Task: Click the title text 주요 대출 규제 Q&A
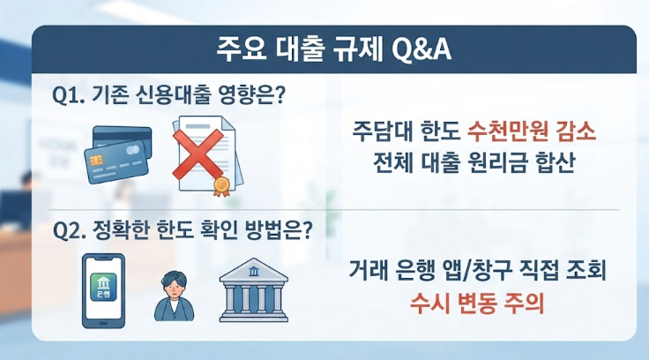click(x=333, y=50)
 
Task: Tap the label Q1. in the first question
click(x=68, y=95)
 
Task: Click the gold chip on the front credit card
click(x=96, y=160)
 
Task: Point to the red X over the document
click(x=198, y=154)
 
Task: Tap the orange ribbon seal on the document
click(x=221, y=186)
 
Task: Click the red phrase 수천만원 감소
click(x=532, y=131)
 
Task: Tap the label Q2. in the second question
click(x=69, y=231)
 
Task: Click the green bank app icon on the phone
click(x=103, y=287)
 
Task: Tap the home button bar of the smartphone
click(x=103, y=323)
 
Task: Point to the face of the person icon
click(x=175, y=287)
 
